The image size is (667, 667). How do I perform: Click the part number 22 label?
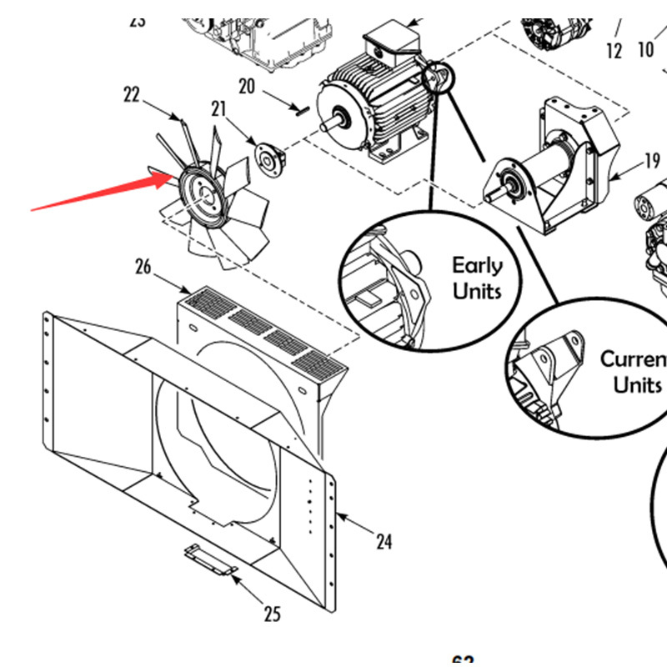132,95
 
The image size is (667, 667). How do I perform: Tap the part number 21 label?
218,108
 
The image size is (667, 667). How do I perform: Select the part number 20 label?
246,86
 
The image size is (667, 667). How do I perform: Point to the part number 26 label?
143,267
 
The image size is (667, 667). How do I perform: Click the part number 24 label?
383,542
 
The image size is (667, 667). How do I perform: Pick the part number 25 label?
272,615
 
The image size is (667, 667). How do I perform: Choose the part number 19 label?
651,161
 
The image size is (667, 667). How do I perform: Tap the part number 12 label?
614,52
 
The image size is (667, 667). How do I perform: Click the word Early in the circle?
478,266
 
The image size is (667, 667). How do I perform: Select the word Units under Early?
477,291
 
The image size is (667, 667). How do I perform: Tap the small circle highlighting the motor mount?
437,78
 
